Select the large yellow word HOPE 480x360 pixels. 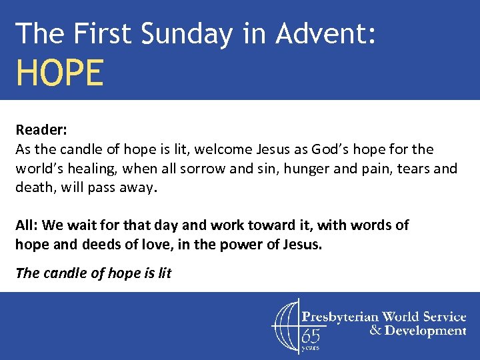click(60, 73)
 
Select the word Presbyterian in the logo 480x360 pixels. click(339, 316)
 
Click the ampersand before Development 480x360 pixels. click(375, 331)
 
